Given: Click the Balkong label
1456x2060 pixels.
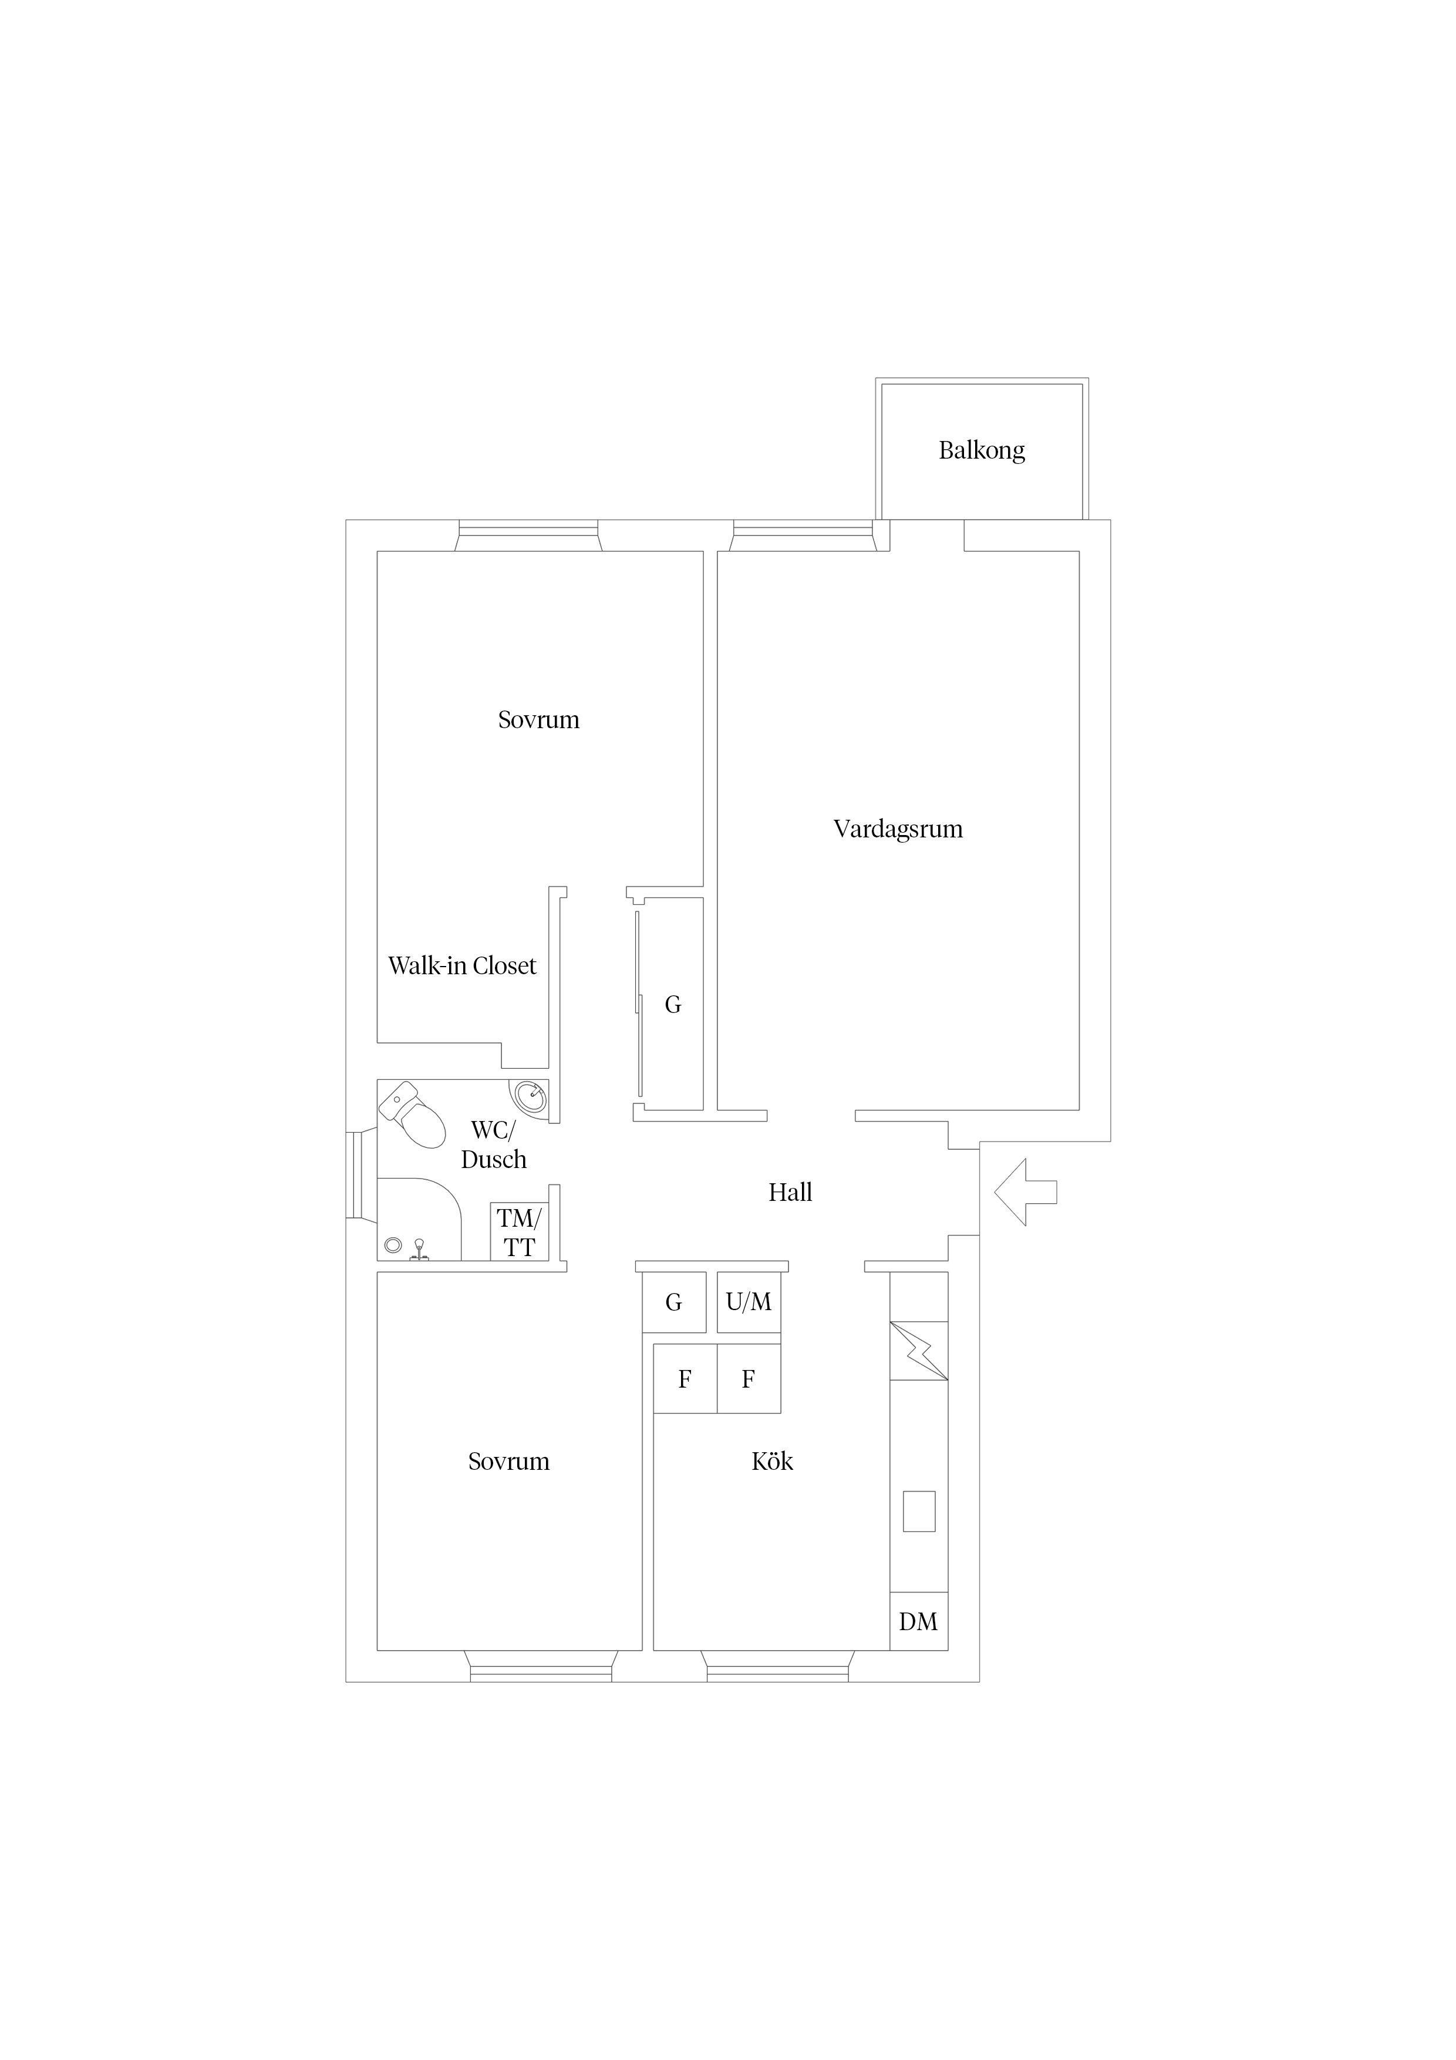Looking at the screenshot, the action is tap(982, 450).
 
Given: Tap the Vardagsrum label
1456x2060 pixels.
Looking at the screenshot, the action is tap(898, 829).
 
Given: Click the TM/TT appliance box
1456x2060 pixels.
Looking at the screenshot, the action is tap(520, 1232).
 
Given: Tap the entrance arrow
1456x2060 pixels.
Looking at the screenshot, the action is tap(1026, 1193).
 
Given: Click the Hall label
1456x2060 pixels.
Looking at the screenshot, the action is tap(790, 1193).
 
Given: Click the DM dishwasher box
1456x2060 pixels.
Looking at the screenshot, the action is tap(919, 1621).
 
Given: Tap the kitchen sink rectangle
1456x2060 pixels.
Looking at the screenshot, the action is tap(919, 1511).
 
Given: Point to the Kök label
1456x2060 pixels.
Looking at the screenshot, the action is tap(773, 1462).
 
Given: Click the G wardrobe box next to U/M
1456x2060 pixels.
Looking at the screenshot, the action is tap(675, 1302).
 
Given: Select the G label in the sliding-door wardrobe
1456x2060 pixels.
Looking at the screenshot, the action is tap(673, 1005).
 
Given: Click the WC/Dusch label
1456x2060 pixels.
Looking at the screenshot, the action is tap(493, 1145).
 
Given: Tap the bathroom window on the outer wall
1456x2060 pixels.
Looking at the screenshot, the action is tap(356, 1174).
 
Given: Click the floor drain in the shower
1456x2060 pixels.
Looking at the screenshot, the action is tap(392, 1246).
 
